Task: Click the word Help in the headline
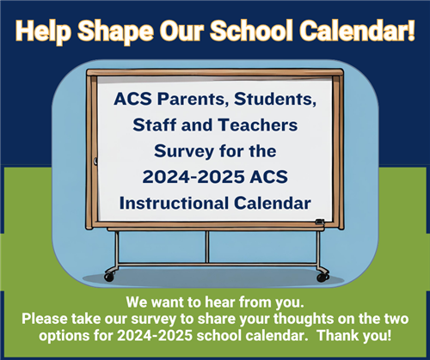click(44, 31)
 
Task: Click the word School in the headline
click(251, 30)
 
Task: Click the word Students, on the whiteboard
click(275, 99)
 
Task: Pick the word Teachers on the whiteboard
click(258, 125)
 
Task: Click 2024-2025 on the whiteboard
click(193, 177)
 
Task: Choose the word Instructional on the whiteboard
click(174, 203)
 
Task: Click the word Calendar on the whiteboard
click(273, 203)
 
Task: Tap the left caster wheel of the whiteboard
click(109, 277)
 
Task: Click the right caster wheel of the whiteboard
click(322, 277)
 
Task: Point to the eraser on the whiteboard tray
click(320, 222)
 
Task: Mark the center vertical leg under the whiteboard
click(207, 247)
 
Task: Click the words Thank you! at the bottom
click(354, 335)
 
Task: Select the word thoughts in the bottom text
click(304, 319)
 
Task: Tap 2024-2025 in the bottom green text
click(155, 335)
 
